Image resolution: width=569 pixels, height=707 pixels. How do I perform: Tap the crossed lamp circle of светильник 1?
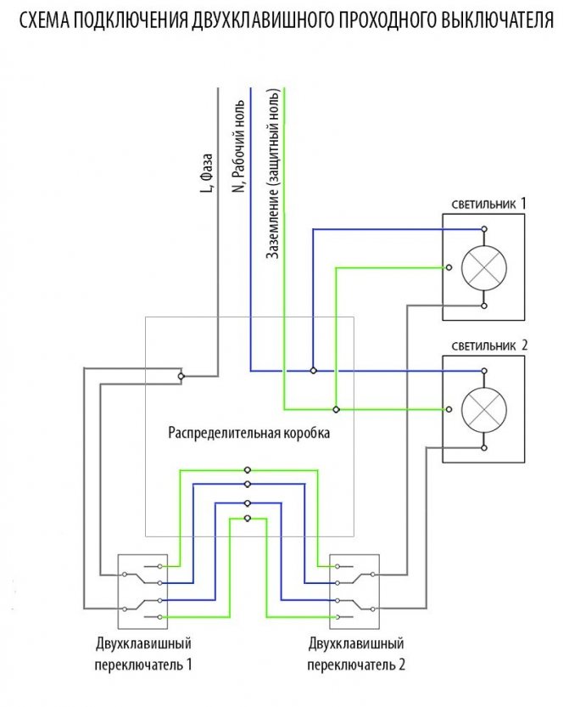[x=483, y=267]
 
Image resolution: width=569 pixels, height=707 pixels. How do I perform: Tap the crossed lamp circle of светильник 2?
[x=483, y=409]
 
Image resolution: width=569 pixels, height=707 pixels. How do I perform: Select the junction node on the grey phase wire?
[x=181, y=375]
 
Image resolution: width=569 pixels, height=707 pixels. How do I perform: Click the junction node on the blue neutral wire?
[x=314, y=371]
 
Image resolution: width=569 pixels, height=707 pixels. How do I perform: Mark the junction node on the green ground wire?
[x=336, y=409]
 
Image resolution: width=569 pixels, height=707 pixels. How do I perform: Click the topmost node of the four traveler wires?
[x=247, y=469]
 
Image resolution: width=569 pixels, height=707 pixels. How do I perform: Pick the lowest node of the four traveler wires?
[x=247, y=518]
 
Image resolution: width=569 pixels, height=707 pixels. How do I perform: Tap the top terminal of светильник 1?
[x=483, y=229]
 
